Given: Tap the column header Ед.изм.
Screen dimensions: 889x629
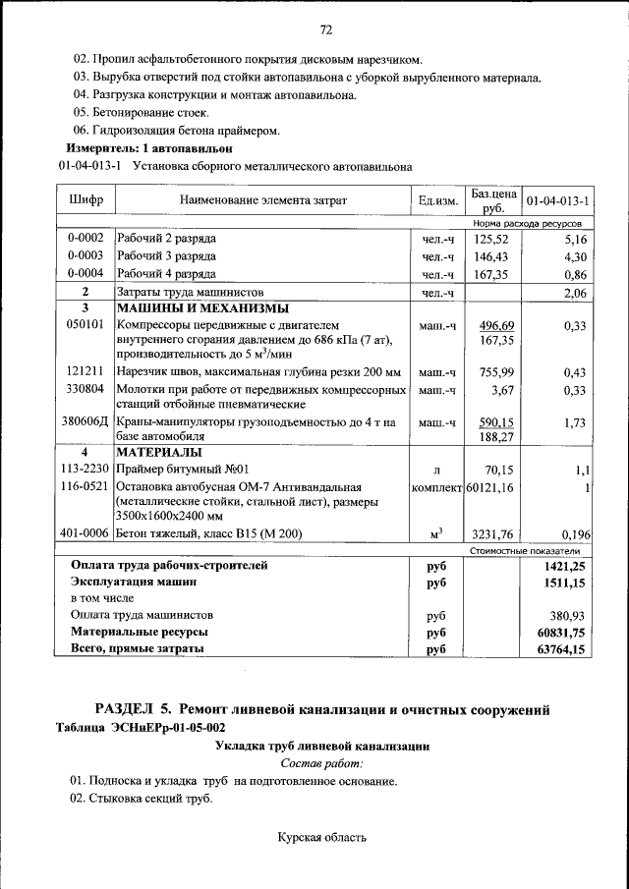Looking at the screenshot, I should coord(438,200).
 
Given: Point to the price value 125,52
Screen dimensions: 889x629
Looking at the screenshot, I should coord(490,239).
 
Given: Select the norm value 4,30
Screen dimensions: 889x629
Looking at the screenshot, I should coord(575,256).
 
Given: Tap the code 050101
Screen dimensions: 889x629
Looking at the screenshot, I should coord(86,325).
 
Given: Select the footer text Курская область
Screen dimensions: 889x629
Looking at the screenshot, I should coord(322,838).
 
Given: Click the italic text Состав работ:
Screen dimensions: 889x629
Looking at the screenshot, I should coord(321,762).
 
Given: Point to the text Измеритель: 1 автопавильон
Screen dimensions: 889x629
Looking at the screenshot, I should coord(147,148).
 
